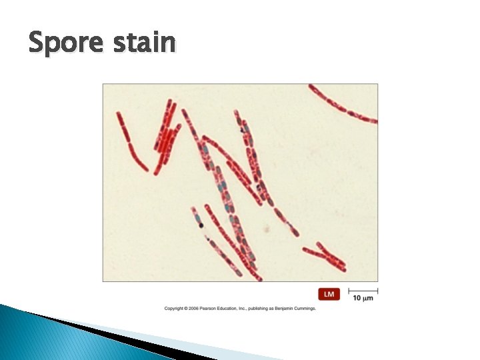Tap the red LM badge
tap(329, 294)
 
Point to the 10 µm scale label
tap(363, 298)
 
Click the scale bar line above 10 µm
tap(363, 291)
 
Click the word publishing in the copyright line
tap(255, 308)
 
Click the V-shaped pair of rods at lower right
tap(326, 256)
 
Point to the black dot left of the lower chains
tap(201, 225)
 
